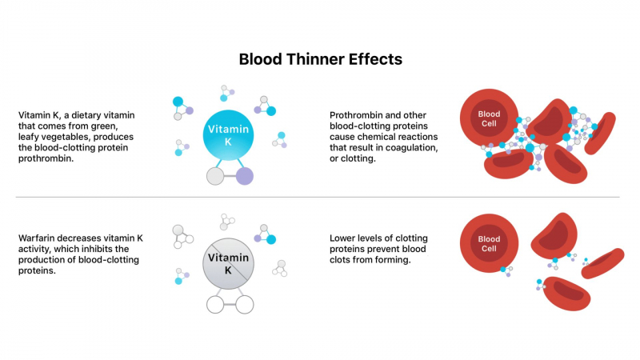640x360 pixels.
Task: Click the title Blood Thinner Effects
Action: pyautogui.click(x=320, y=59)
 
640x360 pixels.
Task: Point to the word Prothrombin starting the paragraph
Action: pyautogui.click(x=358, y=115)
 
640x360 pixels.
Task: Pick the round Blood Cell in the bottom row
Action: pyautogui.click(x=489, y=243)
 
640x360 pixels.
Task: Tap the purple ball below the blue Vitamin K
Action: pyautogui.click(x=245, y=176)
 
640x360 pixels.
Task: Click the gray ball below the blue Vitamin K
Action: pyautogui.click(x=215, y=176)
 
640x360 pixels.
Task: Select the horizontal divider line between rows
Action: pyautogui.click(x=320, y=197)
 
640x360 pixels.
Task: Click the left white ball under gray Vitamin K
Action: pyautogui.click(x=214, y=304)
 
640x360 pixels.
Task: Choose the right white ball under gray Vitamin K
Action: pyautogui.click(x=245, y=304)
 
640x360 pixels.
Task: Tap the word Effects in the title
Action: pyautogui.click(x=375, y=59)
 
